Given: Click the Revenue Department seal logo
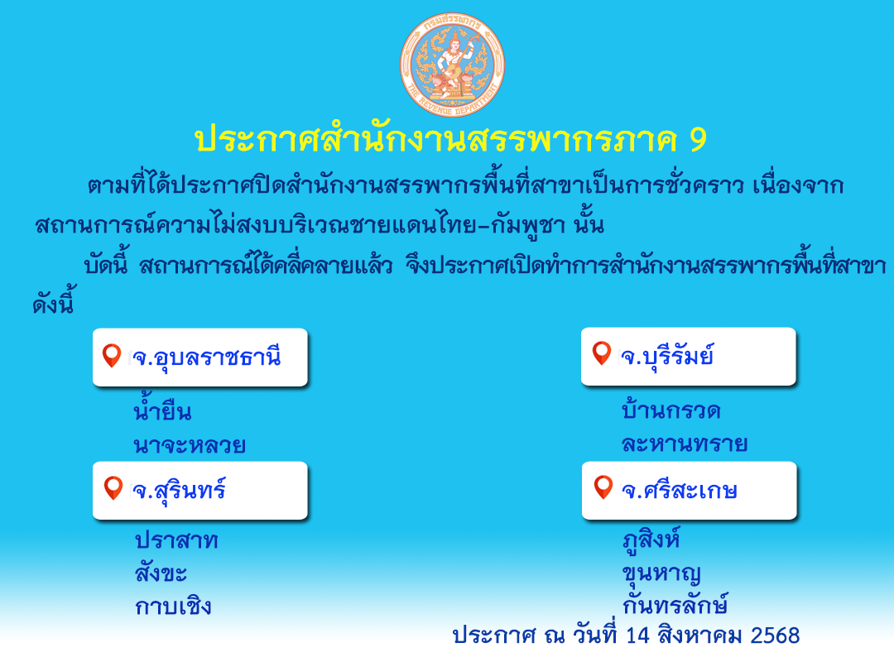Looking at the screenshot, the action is point(452,65).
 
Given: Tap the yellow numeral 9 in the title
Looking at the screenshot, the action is point(698,140).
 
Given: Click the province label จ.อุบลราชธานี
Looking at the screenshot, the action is point(206,357).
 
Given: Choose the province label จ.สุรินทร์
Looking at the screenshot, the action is point(179,491).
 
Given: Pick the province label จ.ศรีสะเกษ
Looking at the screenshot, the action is point(680,491).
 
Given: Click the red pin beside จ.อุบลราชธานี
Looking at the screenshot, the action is point(112,355).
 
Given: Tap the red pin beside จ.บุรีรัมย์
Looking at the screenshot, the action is point(602,353).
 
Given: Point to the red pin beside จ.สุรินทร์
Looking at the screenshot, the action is point(113,488).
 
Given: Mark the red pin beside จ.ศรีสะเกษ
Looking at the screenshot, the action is point(603,487).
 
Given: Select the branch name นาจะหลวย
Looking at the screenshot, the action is point(190,444).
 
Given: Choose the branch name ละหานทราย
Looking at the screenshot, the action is point(685,444).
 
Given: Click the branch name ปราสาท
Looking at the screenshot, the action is point(177,540).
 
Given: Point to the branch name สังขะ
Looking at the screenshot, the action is point(161,572).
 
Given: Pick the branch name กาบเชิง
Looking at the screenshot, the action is point(173,605).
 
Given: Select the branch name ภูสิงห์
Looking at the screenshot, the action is point(651,540).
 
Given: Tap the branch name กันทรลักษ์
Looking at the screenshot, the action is point(675,604).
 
